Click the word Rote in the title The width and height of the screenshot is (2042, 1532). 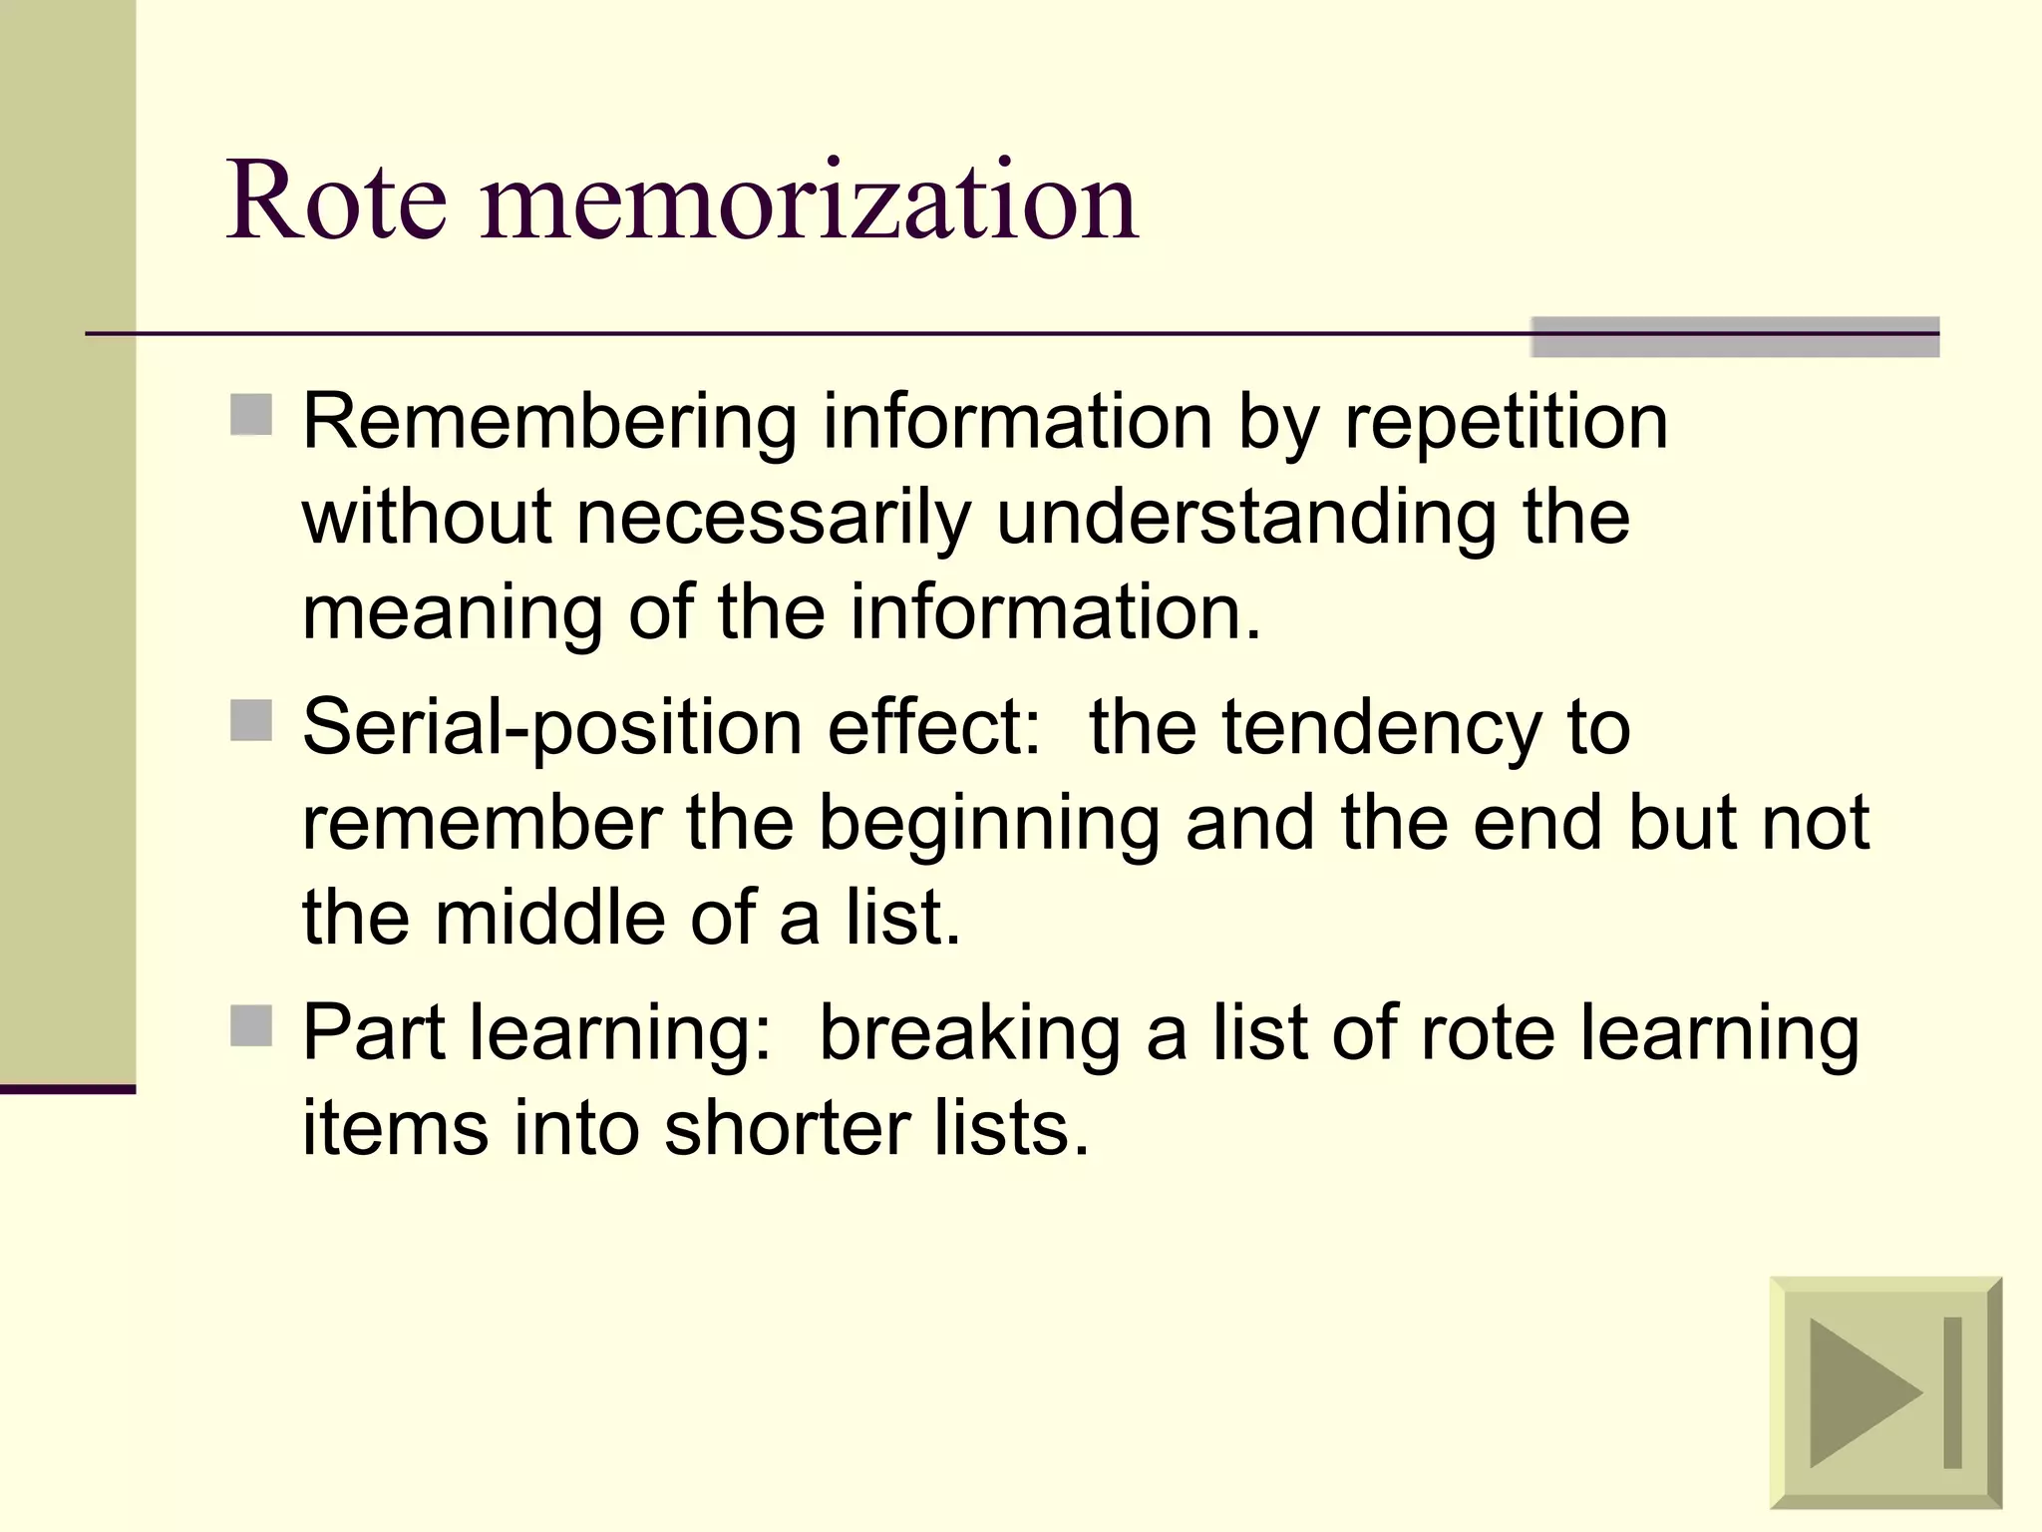tap(336, 201)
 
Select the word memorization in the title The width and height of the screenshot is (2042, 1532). tap(809, 201)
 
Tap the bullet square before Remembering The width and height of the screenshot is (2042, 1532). tap(251, 415)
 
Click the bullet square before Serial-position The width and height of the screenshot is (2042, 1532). tap(251, 720)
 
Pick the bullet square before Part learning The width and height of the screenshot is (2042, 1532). tap(251, 1025)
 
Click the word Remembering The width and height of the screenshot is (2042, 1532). tap(549, 423)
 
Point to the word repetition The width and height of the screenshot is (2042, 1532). tap(1506, 423)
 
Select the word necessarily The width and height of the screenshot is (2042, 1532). tap(774, 518)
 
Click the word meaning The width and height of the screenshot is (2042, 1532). tap(452, 612)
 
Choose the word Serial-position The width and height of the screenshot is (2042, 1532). tap(552, 728)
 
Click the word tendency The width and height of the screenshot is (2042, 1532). tap(1383, 728)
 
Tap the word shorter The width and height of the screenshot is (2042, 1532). tap(788, 1129)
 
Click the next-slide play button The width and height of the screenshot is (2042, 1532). tap(1884, 1392)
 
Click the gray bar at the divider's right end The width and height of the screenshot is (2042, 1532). tap(1734, 337)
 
